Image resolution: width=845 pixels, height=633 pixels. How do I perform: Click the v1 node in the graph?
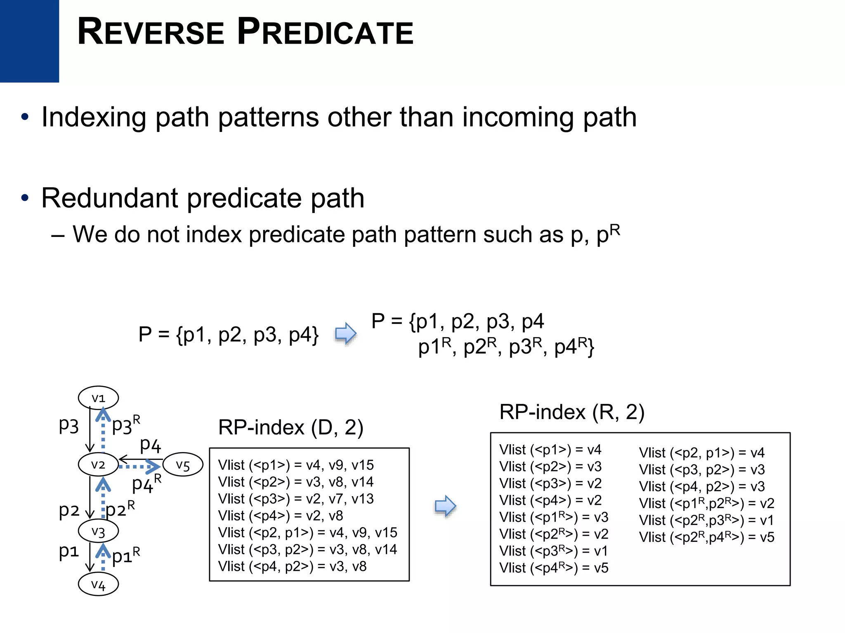tap(98, 398)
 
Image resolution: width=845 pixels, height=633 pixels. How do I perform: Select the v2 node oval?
tap(98, 464)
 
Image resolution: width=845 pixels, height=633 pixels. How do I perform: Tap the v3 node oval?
tap(98, 531)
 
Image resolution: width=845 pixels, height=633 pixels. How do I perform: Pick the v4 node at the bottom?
tap(98, 584)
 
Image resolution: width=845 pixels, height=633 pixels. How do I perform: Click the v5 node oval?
tap(183, 465)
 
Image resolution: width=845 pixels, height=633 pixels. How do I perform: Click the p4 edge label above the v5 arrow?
tap(150, 445)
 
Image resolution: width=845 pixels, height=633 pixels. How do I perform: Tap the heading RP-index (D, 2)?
tap(290, 427)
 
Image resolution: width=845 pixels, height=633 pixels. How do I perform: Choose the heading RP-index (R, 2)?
tap(571, 412)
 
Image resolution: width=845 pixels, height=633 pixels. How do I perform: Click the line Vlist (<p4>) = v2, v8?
tap(281, 516)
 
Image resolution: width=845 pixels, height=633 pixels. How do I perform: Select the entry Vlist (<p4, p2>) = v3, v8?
tap(292, 566)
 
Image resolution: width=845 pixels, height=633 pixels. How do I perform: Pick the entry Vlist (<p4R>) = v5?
tap(553, 568)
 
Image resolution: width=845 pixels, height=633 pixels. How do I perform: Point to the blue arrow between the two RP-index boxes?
tap(445, 506)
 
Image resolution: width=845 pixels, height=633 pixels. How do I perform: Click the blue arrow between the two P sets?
tap(345, 333)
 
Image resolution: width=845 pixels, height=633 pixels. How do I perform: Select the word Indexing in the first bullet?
tap(94, 117)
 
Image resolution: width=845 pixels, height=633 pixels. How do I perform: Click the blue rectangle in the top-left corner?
tap(29, 41)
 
